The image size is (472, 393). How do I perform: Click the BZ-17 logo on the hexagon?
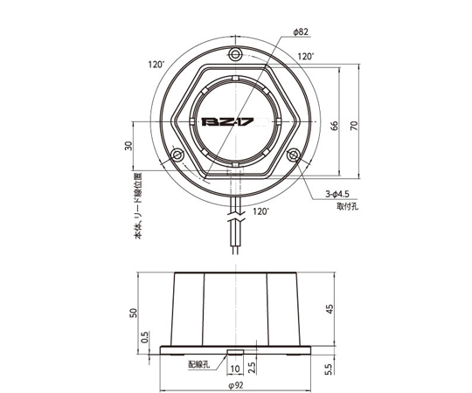[x=235, y=121]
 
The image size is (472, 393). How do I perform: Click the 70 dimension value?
[x=354, y=126]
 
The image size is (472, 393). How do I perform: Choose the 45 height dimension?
[x=330, y=308]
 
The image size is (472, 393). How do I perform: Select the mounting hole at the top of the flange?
[x=235, y=55]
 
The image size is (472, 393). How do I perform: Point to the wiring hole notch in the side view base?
[x=233, y=352]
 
